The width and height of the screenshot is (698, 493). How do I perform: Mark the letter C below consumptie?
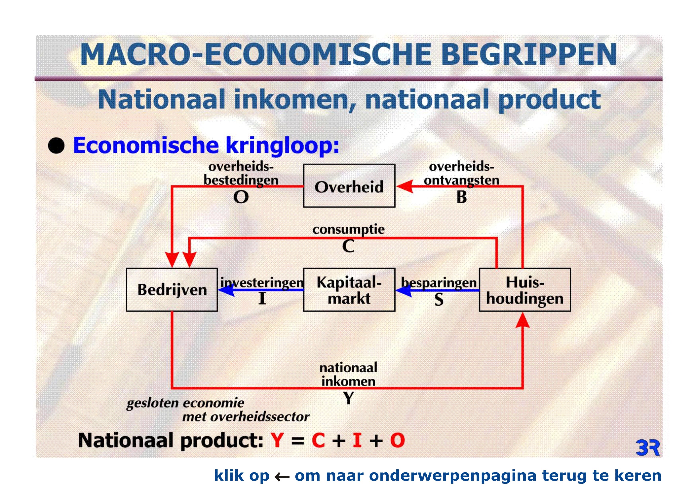coord(348,246)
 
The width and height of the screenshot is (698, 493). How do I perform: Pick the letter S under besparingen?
coord(439,300)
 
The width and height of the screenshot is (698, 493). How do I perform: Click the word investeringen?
coord(262,282)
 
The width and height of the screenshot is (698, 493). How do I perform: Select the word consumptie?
coord(348,230)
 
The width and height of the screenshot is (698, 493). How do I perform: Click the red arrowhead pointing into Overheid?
coord(405,186)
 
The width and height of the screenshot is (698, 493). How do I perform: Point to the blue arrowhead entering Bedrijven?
coord(226,290)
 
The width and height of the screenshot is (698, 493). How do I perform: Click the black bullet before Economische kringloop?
coord(56,146)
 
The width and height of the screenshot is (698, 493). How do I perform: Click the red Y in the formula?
coord(277,441)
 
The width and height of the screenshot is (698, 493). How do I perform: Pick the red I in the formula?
coord(357,441)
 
